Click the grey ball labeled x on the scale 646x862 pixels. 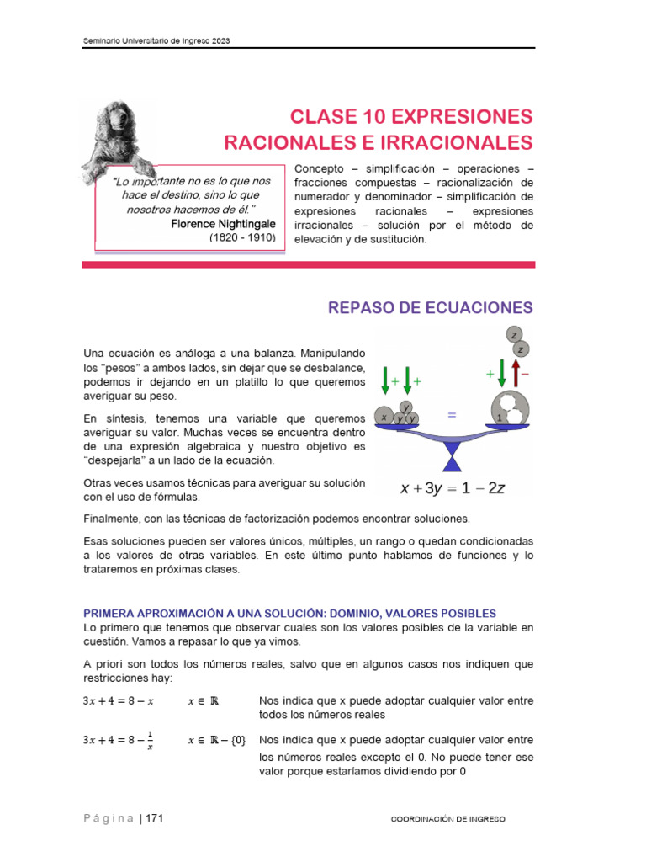point(384,417)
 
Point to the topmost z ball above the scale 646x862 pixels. point(514,334)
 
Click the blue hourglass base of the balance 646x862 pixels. point(454,460)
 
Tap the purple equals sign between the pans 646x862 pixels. point(453,415)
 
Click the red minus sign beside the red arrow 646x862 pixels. point(526,373)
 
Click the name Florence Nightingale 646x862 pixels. point(223,224)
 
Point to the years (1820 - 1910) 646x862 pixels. point(242,238)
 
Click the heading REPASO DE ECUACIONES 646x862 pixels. point(430,307)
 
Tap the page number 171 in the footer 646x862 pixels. point(154,817)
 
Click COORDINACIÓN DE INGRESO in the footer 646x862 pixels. point(449,818)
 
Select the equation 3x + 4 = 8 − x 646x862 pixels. point(119,700)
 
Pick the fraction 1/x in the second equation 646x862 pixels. point(150,740)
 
